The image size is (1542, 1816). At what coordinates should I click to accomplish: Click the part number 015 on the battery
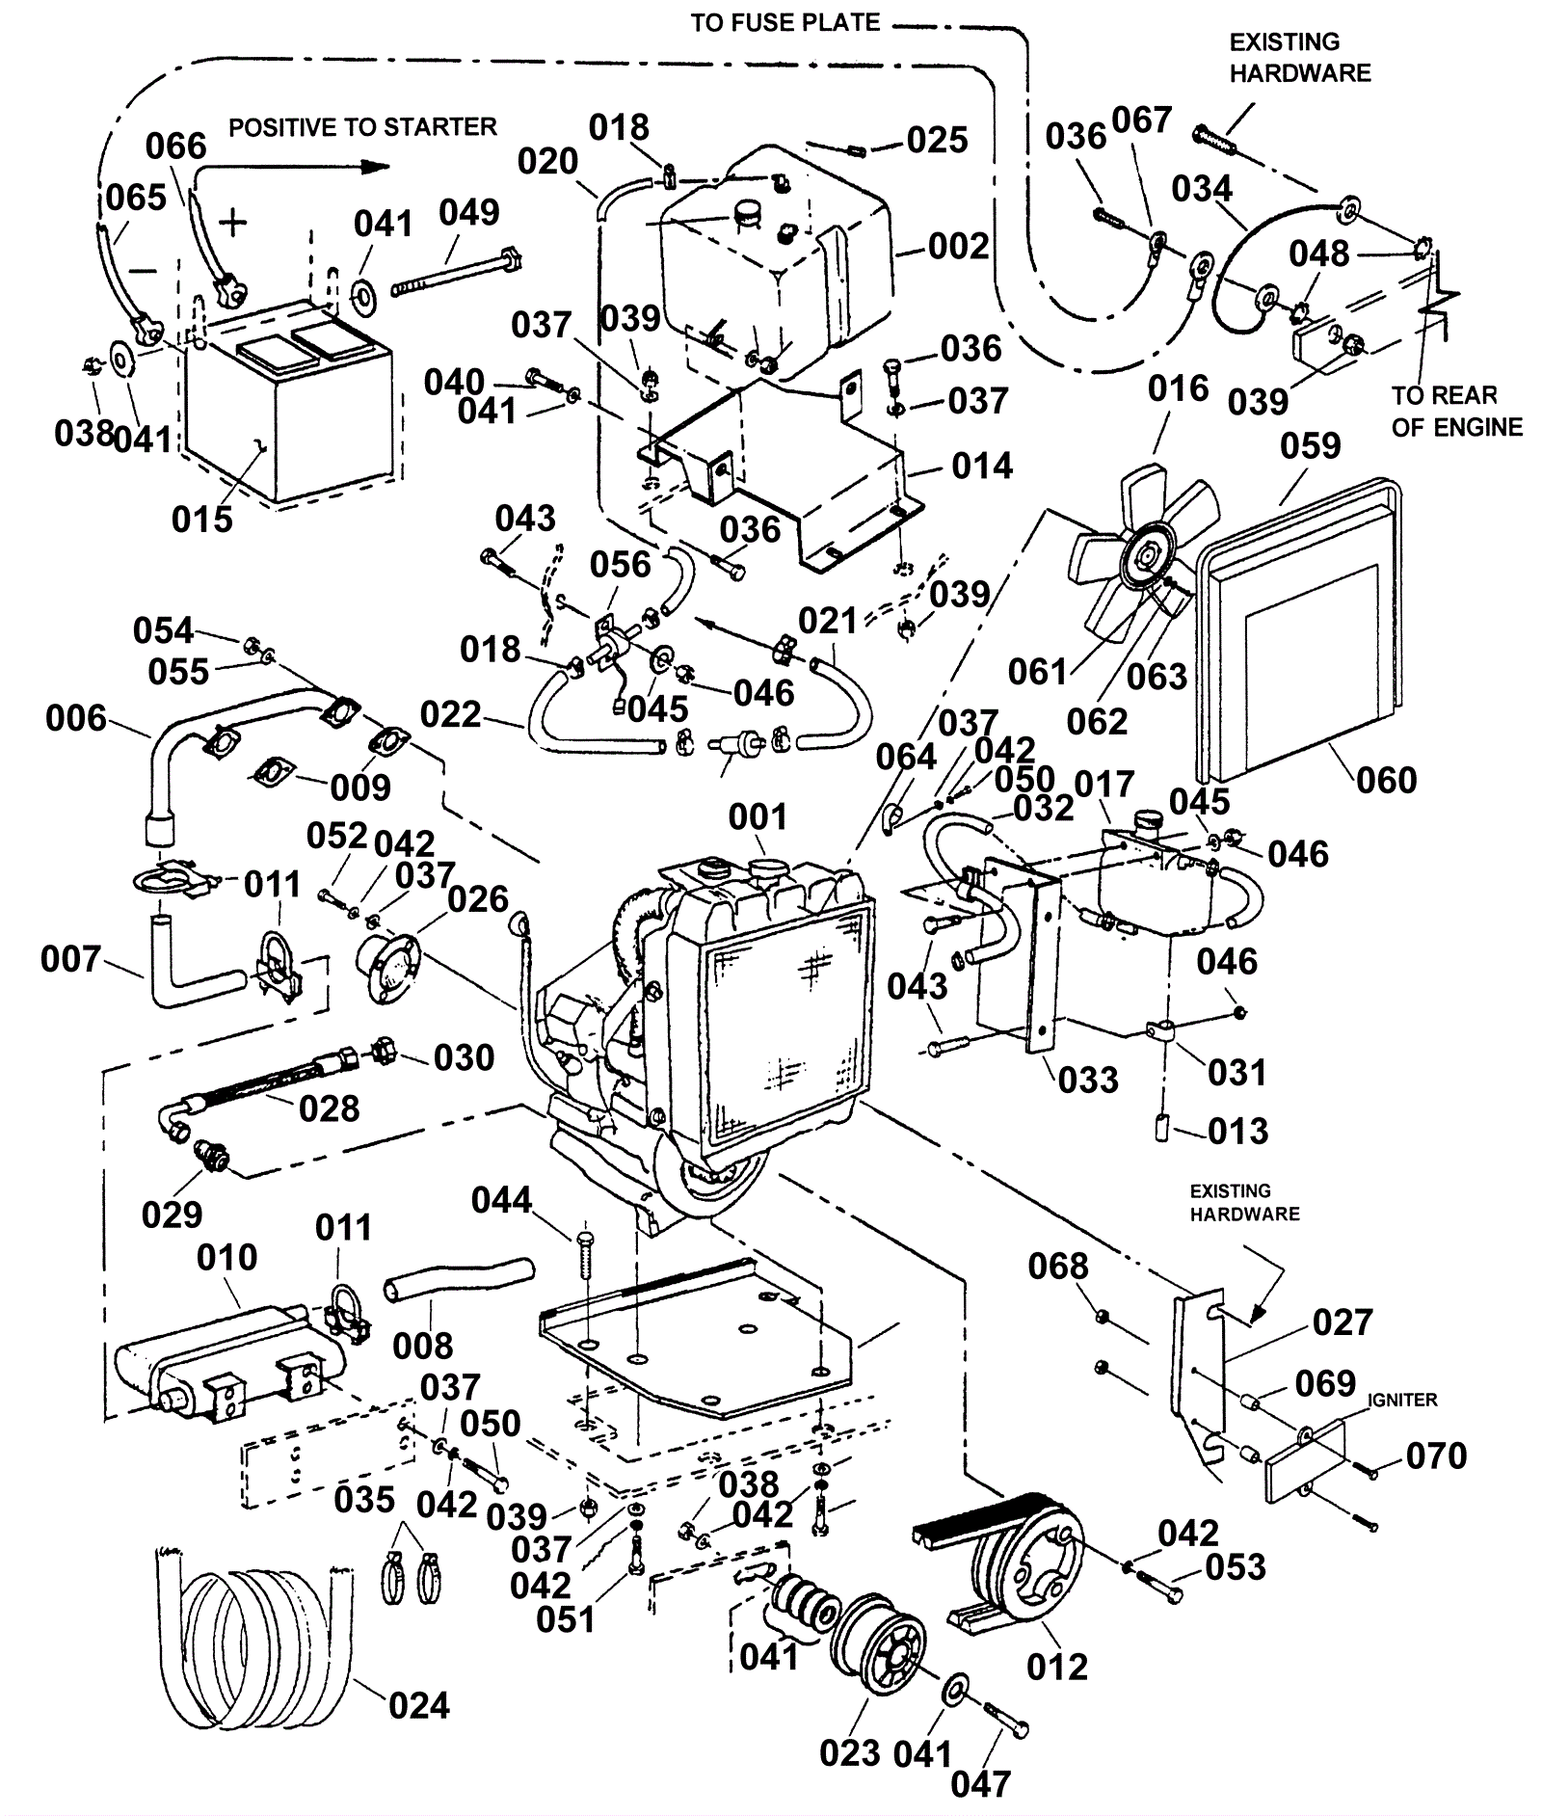(202, 520)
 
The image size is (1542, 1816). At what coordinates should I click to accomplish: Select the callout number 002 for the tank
(958, 247)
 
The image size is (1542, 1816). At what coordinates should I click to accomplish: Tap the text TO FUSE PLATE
(785, 23)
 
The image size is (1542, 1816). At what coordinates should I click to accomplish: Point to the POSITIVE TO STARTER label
(362, 127)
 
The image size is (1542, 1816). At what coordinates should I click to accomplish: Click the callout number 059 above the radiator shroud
(1311, 446)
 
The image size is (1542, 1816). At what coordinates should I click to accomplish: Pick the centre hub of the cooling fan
(1148, 556)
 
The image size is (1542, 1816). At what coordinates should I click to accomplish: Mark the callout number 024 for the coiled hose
(419, 1705)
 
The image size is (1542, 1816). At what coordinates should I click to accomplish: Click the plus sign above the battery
(233, 224)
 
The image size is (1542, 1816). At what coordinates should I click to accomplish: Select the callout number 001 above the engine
(758, 817)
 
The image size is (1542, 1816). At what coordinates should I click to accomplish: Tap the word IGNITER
(1402, 1400)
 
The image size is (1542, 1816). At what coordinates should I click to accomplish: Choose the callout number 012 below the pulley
(1057, 1667)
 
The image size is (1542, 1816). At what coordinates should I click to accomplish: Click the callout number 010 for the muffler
(227, 1257)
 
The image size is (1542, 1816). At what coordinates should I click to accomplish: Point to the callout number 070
(1436, 1455)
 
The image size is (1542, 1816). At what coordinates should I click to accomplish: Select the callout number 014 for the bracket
(982, 467)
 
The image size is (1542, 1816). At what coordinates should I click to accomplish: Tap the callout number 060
(1386, 780)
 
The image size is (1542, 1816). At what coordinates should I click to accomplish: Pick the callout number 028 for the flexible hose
(329, 1108)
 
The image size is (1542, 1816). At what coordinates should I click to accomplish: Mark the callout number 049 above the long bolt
(469, 213)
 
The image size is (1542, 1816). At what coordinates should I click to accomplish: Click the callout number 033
(1088, 1080)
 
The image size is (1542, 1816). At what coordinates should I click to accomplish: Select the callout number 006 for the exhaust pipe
(76, 718)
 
